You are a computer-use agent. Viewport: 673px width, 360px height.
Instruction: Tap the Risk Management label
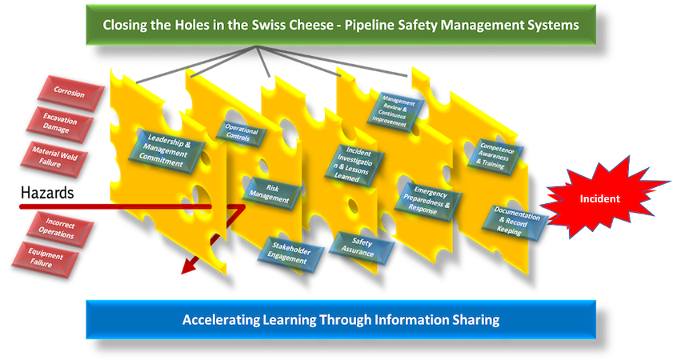click(273, 194)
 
